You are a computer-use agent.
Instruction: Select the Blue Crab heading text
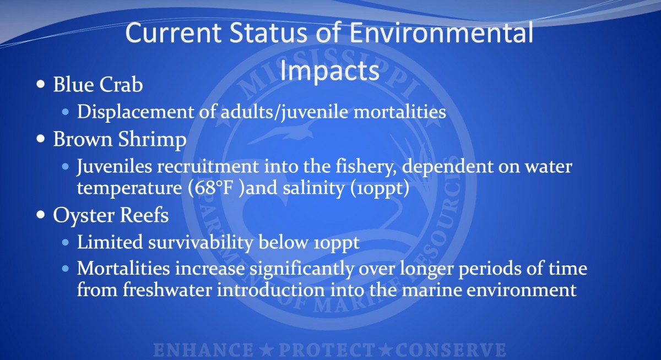point(98,85)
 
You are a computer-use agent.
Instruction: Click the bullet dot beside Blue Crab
point(41,84)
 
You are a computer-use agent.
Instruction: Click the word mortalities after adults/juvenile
point(399,112)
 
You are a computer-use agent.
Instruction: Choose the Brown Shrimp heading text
point(120,139)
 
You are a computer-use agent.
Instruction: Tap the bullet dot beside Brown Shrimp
point(41,138)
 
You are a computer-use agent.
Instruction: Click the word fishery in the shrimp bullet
point(366,167)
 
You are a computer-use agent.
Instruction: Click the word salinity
point(313,188)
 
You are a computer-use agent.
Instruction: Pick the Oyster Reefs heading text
point(111,215)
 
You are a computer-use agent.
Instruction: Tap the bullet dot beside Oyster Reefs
point(41,214)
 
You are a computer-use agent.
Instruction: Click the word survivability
point(201,243)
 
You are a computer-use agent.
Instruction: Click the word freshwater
point(167,290)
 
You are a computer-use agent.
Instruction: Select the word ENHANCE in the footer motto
point(203,350)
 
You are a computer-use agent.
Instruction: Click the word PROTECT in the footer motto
point(327,350)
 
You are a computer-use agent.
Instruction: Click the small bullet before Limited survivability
point(66,242)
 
